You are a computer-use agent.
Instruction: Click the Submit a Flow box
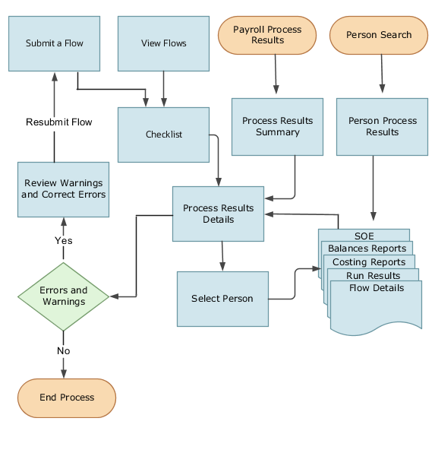(55, 43)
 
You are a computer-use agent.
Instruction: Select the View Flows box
(163, 43)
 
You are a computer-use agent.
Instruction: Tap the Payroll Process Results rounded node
(266, 35)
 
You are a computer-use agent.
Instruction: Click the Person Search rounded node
(378, 35)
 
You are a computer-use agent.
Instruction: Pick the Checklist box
(163, 135)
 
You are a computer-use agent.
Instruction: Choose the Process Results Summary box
(277, 126)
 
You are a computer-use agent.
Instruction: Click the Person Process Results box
(382, 126)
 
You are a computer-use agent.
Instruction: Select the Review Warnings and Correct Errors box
(63, 188)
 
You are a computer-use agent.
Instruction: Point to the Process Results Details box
(219, 214)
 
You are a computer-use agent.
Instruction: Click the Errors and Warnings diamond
(63, 296)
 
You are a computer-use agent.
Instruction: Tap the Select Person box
(222, 299)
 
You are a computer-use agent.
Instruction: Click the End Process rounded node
(67, 398)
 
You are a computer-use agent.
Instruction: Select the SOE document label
(364, 236)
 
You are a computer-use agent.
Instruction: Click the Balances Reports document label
(367, 249)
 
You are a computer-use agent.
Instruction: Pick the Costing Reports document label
(369, 262)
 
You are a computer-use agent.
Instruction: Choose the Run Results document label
(373, 276)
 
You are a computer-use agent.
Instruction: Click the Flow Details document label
(377, 289)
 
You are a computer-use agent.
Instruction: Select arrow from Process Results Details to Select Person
(222, 256)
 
